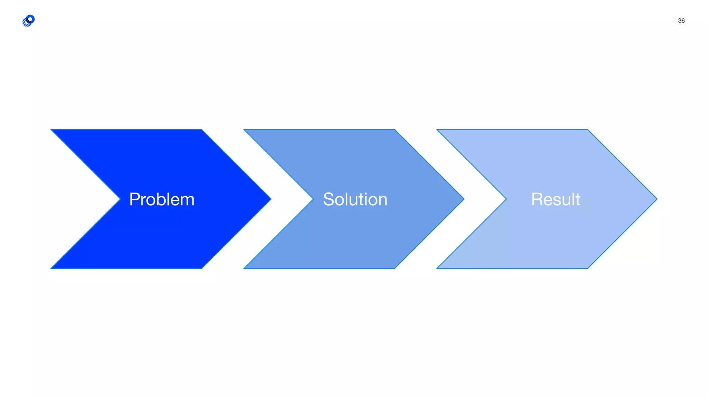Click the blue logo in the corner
pos(28,21)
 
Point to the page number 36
pos(681,21)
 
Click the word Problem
pos(162,199)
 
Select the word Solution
pos(355,199)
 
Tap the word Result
pos(556,199)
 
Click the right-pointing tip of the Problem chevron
pos(271,199)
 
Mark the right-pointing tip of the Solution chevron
pos(464,199)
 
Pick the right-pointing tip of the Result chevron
pos(656,199)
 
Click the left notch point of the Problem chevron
pos(120,199)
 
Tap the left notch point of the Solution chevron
pos(313,199)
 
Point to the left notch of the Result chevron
pos(506,199)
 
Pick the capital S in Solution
pos(329,199)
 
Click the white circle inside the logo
pos(30,19)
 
